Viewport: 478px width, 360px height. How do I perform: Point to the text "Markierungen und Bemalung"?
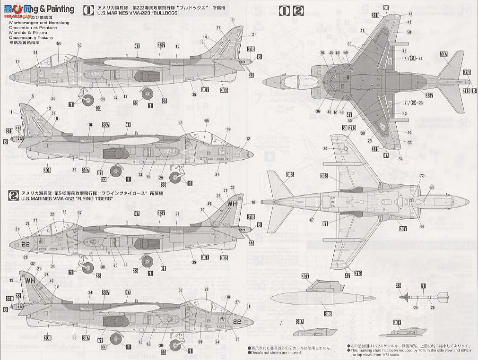click(x=39, y=23)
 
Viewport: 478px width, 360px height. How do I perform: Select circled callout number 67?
click(x=312, y=220)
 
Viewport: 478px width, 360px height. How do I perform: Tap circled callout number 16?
click(x=253, y=202)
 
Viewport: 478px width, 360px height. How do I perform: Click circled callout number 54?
click(x=58, y=43)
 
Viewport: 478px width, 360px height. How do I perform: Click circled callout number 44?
click(x=410, y=14)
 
